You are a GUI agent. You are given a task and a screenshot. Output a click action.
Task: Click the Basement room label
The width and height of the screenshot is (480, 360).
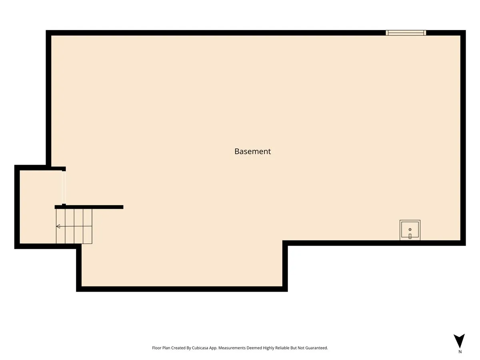[252, 151]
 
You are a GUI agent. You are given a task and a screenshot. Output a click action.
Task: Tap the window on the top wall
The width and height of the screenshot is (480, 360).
[406, 33]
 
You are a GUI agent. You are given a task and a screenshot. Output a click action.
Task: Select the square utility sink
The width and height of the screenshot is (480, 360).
[410, 230]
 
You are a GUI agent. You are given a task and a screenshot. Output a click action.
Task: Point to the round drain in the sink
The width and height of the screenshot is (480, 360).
[410, 229]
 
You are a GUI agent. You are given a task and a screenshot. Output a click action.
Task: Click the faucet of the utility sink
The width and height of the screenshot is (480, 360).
[410, 236]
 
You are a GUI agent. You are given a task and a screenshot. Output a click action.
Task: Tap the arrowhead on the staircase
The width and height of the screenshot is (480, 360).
[58, 226]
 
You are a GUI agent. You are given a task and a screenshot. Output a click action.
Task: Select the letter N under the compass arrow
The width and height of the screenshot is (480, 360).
[460, 352]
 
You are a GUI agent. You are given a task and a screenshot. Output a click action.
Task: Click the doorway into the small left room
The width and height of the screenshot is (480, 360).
[64, 188]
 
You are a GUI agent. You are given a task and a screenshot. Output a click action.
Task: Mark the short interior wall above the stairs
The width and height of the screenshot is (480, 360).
[89, 207]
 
